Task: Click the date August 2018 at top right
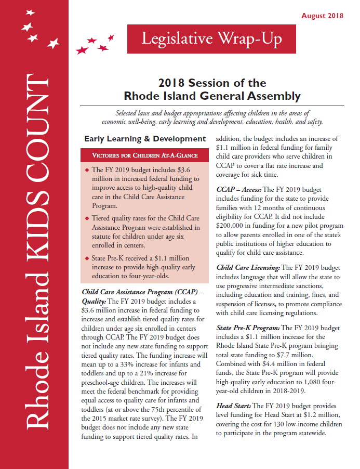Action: pyautogui.click(x=322, y=16)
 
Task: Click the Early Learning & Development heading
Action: pyautogui.click(x=145, y=139)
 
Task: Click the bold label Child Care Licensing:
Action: pyautogui.click(x=248, y=267)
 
